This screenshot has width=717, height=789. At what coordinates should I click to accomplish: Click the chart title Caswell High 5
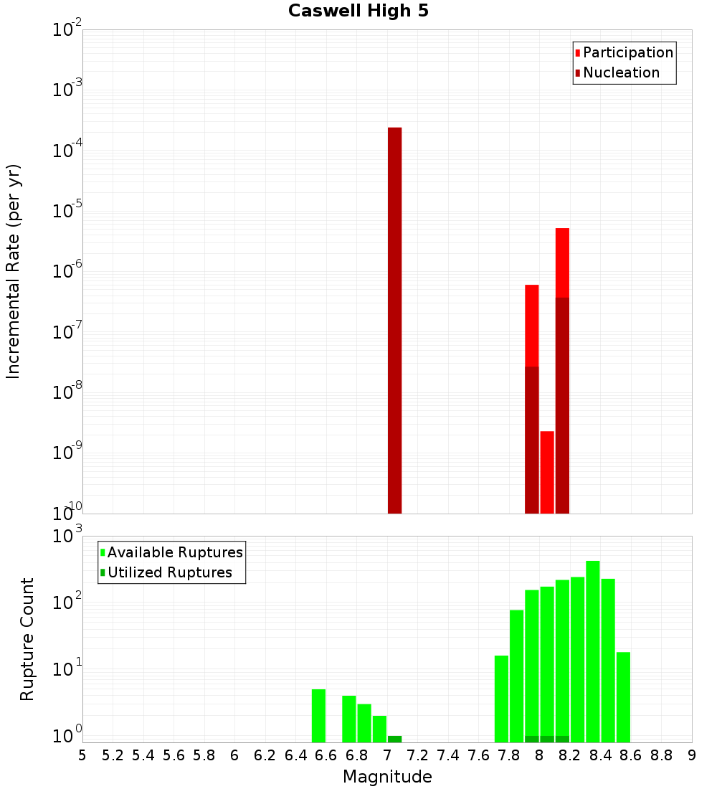[358, 11]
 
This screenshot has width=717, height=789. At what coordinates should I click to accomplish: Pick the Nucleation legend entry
[620, 72]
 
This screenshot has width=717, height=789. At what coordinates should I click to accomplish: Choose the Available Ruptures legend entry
[174, 552]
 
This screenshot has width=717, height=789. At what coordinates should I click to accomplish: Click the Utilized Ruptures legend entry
[169, 572]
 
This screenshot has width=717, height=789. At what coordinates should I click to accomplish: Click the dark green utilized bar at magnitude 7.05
[394, 739]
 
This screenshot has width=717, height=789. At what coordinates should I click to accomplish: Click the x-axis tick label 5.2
[113, 755]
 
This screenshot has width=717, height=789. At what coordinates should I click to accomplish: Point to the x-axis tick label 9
[692, 755]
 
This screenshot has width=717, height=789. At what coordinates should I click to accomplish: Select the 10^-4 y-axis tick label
[67, 151]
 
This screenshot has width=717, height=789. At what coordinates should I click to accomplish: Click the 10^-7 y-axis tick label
[67, 332]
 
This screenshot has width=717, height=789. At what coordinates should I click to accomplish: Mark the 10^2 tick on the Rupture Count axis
[69, 603]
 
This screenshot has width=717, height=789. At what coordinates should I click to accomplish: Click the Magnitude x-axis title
[387, 777]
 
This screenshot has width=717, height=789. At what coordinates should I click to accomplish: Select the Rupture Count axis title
[27, 639]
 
